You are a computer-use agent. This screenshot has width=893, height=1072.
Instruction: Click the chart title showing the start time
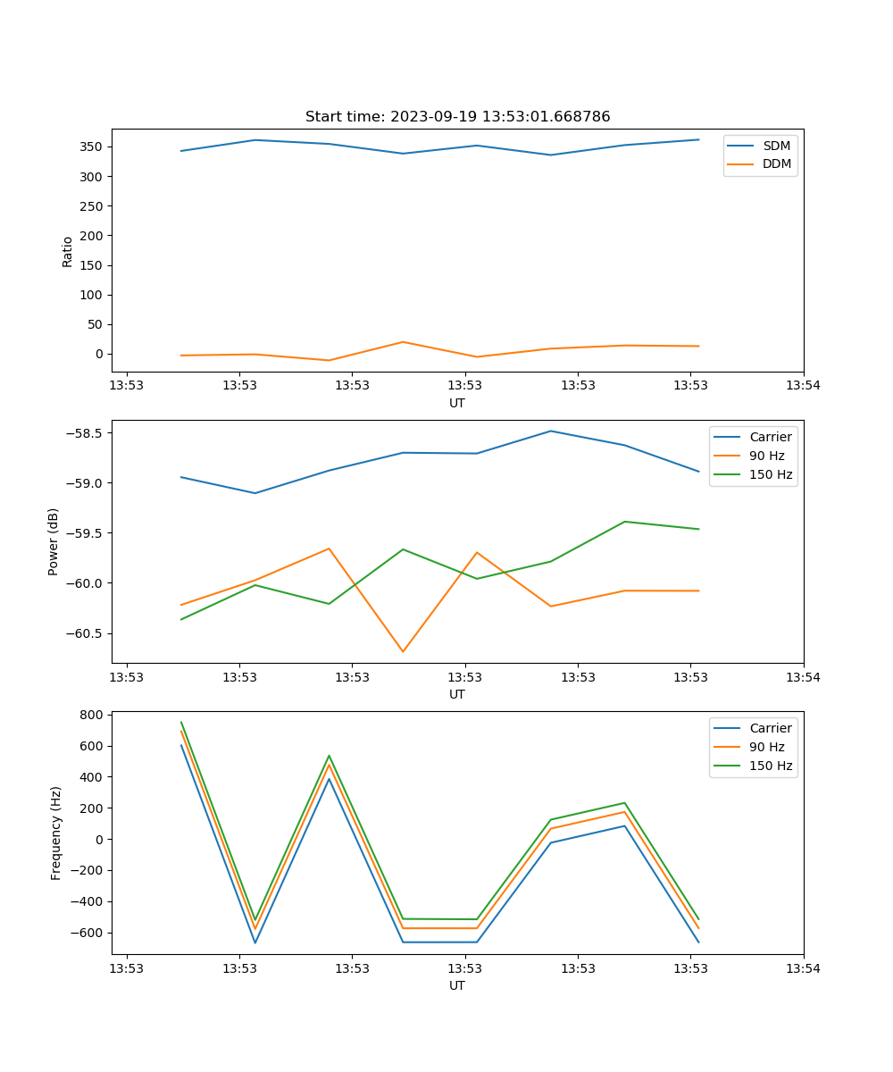click(457, 117)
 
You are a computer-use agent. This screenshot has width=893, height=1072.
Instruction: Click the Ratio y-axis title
click(68, 251)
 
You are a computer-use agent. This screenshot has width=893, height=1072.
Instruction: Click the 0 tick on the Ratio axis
click(99, 354)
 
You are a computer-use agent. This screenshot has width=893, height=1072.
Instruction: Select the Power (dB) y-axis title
click(54, 541)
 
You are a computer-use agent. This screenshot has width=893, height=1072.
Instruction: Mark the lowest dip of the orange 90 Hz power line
click(403, 651)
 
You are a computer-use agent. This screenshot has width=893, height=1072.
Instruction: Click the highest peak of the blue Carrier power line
click(551, 431)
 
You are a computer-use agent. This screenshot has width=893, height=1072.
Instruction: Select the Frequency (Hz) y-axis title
click(56, 833)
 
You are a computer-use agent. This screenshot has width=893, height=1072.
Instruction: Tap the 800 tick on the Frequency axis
click(92, 715)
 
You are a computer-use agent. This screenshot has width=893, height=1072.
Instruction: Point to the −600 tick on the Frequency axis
click(88, 933)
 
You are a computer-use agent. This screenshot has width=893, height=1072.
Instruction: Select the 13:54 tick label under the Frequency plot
click(803, 967)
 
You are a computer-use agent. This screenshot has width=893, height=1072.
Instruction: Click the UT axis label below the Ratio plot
click(457, 403)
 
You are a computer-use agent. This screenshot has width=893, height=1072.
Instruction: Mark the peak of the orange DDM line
click(403, 342)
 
